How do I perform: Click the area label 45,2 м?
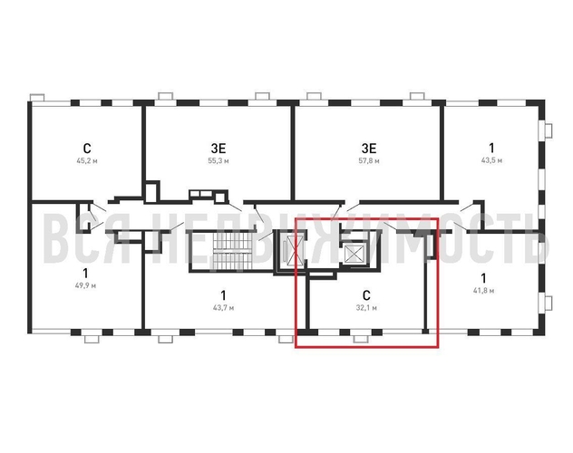pos(87,160)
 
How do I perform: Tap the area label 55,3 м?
pos(219,160)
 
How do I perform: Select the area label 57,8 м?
pos(369,160)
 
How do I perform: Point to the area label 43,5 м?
pos(491,160)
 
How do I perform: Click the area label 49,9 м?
pos(85,285)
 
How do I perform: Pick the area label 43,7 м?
pos(223,308)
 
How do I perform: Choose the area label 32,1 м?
pos(366,308)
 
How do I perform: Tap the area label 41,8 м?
pos(483,291)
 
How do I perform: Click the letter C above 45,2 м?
pos(87,149)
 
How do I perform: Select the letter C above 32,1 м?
pos(366,295)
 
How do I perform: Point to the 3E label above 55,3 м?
pos(219,149)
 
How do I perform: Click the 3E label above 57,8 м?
pos(369,149)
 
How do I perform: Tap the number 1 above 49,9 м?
pos(85,273)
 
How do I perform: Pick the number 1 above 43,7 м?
pos(223,295)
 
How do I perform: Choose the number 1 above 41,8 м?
pos(483,278)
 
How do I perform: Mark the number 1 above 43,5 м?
pos(491,148)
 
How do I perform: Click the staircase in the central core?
pos(232,251)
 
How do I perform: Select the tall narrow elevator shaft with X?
pos(295,250)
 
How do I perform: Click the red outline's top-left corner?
pos(296,218)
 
